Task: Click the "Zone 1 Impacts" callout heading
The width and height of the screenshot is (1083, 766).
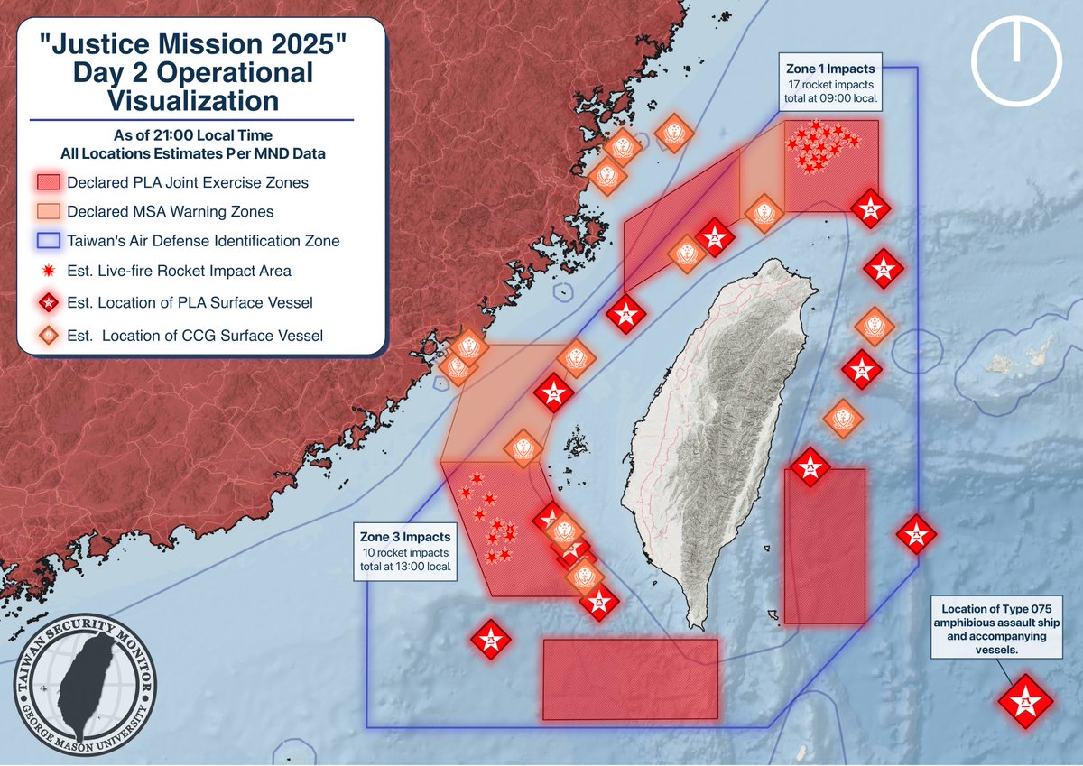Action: pyautogui.click(x=830, y=69)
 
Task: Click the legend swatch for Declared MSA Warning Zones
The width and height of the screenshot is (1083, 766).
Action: pyautogui.click(x=50, y=211)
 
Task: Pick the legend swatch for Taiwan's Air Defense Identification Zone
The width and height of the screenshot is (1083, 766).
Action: pyautogui.click(x=50, y=241)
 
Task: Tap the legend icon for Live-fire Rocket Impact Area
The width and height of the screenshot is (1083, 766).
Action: pyautogui.click(x=50, y=271)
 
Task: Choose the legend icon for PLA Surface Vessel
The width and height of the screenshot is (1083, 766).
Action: pyautogui.click(x=50, y=301)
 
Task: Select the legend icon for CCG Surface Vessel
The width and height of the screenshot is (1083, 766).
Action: pyautogui.click(x=50, y=336)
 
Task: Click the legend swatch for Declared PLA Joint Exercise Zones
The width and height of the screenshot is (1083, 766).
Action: pyautogui.click(x=50, y=182)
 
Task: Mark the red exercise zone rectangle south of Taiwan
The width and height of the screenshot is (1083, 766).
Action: pyautogui.click(x=630, y=678)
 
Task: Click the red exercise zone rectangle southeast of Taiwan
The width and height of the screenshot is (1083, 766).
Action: pyautogui.click(x=825, y=546)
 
